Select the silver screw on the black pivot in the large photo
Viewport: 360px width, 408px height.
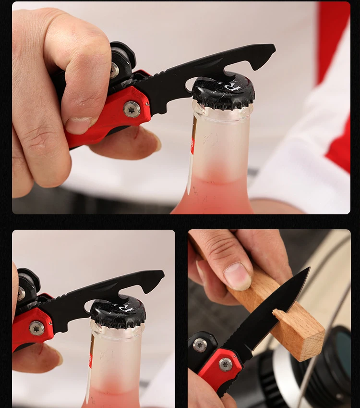click(x=114, y=70)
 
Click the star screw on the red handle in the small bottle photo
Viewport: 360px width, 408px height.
click(x=36, y=328)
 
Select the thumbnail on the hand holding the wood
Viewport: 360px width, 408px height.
click(x=237, y=276)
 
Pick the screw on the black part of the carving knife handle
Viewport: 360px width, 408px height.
click(x=199, y=345)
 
